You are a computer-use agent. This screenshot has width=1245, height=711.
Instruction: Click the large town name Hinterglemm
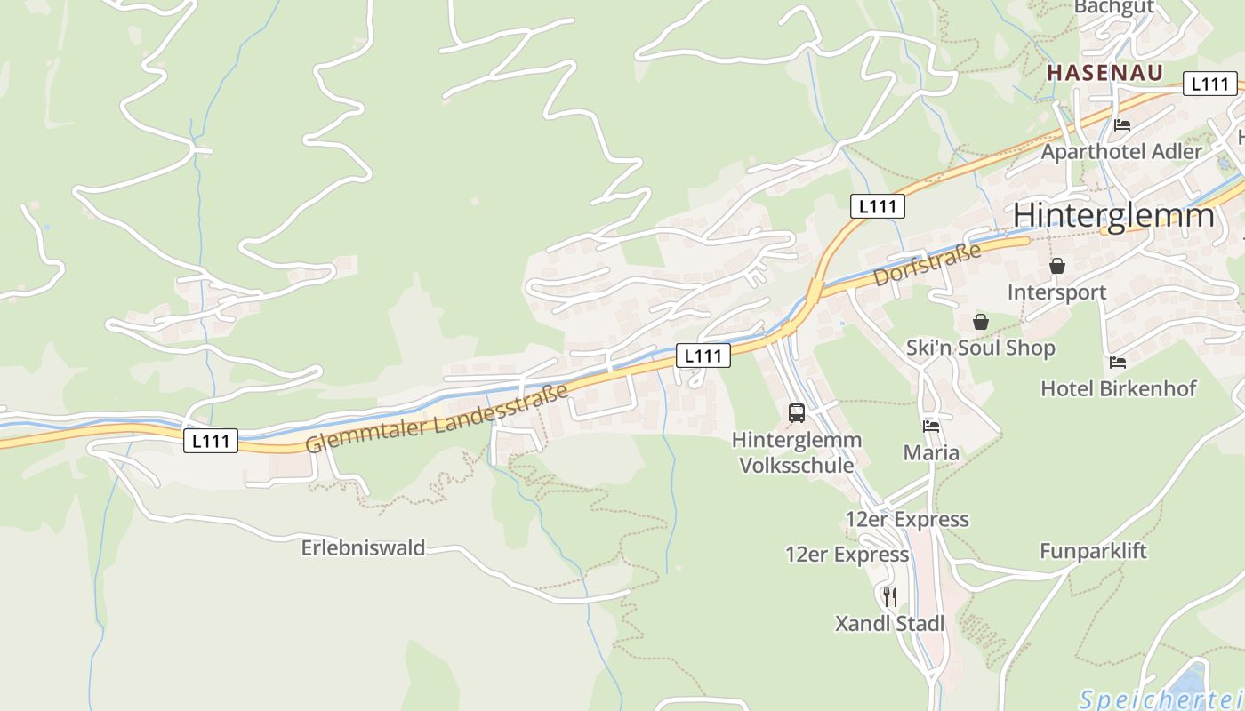point(1113,216)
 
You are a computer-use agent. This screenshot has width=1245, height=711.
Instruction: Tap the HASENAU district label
point(1104,73)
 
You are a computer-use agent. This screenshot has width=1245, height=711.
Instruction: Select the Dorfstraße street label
point(928,264)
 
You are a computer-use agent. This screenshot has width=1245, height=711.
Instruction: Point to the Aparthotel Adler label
point(1121,152)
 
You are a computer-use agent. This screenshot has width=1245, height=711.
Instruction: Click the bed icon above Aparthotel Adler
point(1122,125)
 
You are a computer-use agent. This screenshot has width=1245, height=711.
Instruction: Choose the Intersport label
point(1056,292)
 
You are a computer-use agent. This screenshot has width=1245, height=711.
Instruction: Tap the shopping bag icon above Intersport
point(1057,266)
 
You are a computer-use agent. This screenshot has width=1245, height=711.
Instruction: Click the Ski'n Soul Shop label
point(980,348)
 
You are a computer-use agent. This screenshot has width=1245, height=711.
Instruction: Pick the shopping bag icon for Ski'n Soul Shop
point(980,322)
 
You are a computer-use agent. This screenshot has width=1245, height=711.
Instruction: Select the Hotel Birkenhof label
point(1118,388)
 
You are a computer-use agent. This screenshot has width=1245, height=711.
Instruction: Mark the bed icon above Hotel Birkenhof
point(1118,362)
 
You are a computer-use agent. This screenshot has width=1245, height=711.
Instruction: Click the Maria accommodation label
point(931,453)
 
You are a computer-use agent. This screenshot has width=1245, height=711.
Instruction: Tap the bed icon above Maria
point(931,427)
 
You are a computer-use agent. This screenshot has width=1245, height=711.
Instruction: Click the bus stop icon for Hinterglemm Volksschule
point(797,413)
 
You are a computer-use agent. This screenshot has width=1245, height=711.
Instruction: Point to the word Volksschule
point(797,465)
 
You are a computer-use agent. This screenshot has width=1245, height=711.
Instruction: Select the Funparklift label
point(1093,551)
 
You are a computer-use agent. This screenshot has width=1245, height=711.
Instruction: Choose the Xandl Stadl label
point(889,624)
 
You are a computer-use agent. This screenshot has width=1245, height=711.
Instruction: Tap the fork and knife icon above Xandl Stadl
point(889,596)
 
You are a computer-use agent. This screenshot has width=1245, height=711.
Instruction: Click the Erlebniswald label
point(363,547)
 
